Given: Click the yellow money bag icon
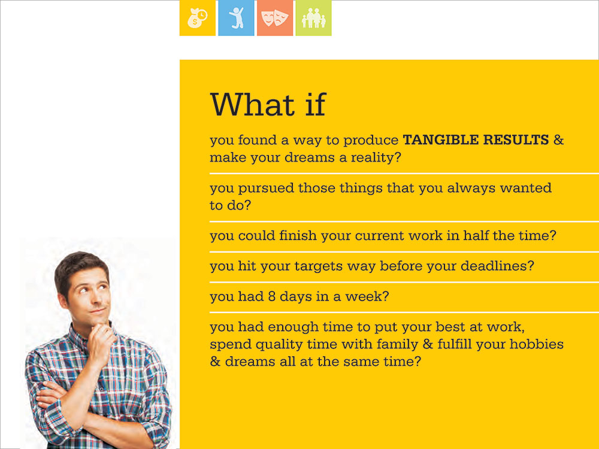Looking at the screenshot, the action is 198,18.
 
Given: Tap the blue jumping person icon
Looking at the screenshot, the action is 236,18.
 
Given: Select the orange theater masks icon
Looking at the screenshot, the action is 275,18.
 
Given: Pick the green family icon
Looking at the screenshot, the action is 314,18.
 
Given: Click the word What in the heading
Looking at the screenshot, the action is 253,104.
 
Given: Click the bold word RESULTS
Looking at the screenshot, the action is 516,139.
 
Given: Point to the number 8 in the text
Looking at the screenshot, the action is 272,297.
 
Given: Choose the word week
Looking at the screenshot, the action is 367,297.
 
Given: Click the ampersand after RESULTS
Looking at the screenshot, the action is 558,139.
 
